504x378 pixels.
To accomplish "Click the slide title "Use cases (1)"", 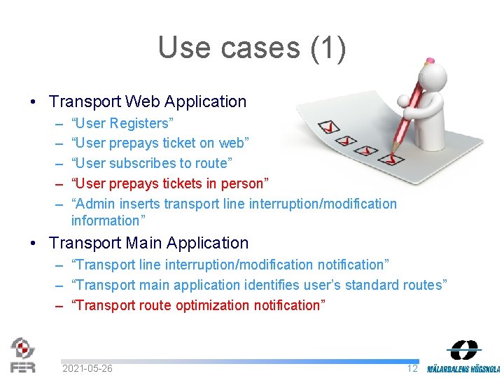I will [251, 48].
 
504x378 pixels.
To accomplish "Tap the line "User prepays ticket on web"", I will [160, 143].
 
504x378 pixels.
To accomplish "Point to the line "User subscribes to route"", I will [152, 163].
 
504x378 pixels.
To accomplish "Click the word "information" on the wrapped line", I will [105, 220].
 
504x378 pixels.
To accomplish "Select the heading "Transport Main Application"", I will [148, 243].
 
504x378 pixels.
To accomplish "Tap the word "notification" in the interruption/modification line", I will [351, 265].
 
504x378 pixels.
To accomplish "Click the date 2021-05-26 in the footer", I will [87, 368].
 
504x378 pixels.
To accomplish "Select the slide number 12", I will [412, 368].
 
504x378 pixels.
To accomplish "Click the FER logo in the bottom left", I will [22, 355].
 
